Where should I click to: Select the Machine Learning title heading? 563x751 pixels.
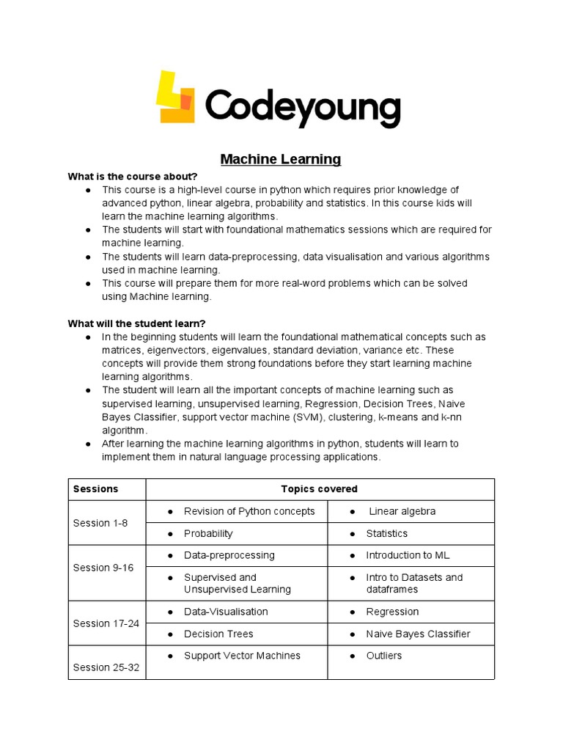pyautogui.click(x=281, y=159)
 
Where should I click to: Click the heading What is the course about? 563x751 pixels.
pyautogui.click(x=133, y=177)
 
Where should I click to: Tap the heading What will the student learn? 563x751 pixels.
pyautogui.click(x=137, y=323)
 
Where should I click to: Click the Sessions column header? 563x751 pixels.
pyautogui.click(x=95, y=489)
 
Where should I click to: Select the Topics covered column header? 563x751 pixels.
pyautogui.click(x=319, y=489)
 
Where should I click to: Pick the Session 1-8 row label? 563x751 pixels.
pyautogui.click(x=100, y=523)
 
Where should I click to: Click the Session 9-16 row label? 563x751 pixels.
pyautogui.click(x=103, y=568)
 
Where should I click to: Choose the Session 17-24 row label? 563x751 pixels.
pyautogui.click(x=106, y=623)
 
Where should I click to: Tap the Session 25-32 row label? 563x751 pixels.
pyautogui.click(x=106, y=667)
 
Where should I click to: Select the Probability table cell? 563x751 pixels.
pyautogui.click(x=208, y=534)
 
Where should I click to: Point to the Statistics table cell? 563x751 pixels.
pyautogui.click(x=386, y=534)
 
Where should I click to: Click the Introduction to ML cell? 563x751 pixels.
pyautogui.click(x=410, y=555)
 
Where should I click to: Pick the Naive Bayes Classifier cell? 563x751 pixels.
pyautogui.click(x=418, y=634)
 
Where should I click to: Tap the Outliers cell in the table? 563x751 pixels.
pyautogui.click(x=383, y=656)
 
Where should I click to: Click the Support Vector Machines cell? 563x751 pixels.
pyautogui.click(x=242, y=656)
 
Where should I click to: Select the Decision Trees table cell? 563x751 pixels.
pyautogui.click(x=218, y=634)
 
